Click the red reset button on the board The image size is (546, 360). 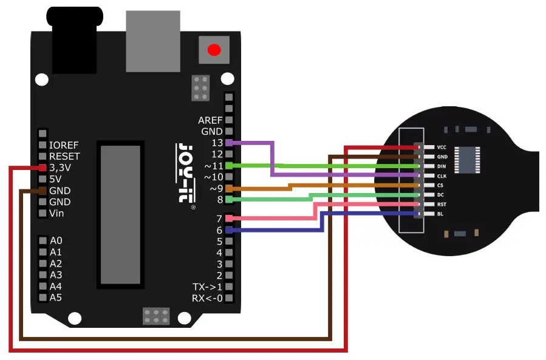pyautogui.click(x=214, y=50)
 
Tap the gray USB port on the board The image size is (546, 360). pyautogui.click(x=153, y=41)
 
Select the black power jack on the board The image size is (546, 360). pyautogui.click(x=75, y=40)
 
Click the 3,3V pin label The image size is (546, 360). pyautogui.click(x=60, y=168)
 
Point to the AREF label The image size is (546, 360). pyautogui.click(x=210, y=120)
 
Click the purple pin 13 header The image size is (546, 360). pyautogui.click(x=229, y=143)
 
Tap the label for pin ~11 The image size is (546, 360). pyautogui.click(x=213, y=165)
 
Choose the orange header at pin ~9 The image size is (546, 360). pyautogui.click(x=229, y=188)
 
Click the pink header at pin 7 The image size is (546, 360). pyautogui.click(x=229, y=219)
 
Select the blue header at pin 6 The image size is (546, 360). pyautogui.click(x=229, y=230)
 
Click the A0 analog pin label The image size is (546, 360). pyautogui.click(x=56, y=240)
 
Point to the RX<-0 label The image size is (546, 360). pyautogui.click(x=207, y=298)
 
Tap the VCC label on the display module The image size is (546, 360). pyautogui.click(x=442, y=148)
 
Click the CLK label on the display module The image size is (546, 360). pyautogui.click(x=442, y=176)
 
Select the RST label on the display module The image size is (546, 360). pyautogui.click(x=442, y=205)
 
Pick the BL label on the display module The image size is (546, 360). pyautogui.click(x=440, y=214)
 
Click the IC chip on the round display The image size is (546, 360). pyautogui.click(x=467, y=160)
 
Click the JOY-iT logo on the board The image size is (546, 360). pyautogui.click(x=186, y=173)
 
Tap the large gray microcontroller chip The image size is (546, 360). pyautogui.click(x=120, y=215)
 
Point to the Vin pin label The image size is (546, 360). pyautogui.click(x=56, y=213)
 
